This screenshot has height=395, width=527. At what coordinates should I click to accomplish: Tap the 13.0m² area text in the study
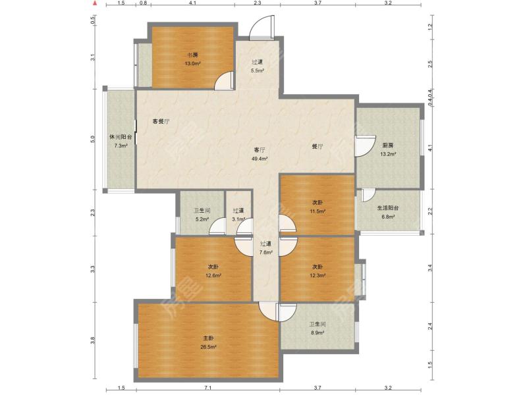point(192,63)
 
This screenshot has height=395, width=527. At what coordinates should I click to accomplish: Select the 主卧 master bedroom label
point(208,338)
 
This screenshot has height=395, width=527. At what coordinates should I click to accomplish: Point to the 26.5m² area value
point(208,347)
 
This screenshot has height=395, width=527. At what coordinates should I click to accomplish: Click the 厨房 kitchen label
point(388,145)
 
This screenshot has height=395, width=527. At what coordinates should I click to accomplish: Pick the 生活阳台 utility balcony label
point(388,208)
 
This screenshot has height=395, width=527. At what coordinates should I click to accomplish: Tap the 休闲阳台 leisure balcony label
point(121,137)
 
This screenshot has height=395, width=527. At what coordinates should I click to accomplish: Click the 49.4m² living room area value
point(260,159)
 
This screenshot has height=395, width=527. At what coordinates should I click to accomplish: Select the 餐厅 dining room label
point(318,146)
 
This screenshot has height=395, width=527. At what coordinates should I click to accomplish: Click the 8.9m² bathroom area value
point(318,333)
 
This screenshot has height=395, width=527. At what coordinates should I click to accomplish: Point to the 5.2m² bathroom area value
point(202,219)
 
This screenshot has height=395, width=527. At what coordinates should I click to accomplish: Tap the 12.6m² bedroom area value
point(213,276)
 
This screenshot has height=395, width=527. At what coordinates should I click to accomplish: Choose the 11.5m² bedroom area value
point(318,211)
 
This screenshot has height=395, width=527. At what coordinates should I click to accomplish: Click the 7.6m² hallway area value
point(265,252)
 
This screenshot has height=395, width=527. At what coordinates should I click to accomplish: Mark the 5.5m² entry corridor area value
point(257,70)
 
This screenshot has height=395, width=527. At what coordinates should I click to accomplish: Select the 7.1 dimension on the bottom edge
point(208,388)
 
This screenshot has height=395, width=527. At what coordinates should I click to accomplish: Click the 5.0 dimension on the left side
point(93,139)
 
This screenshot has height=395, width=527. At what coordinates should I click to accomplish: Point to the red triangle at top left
point(95,4)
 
